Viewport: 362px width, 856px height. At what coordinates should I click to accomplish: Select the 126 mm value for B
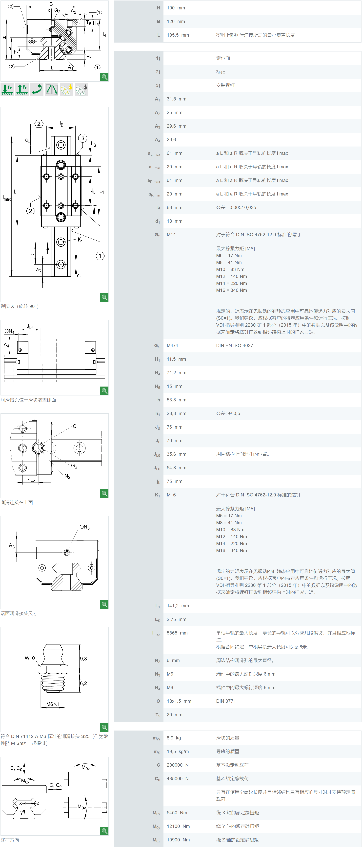[176, 21]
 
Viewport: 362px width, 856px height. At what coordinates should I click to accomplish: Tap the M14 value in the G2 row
[171, 235]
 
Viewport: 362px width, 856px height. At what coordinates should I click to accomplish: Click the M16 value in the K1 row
[171, 495]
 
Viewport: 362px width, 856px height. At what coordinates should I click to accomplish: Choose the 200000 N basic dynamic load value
[178, 765]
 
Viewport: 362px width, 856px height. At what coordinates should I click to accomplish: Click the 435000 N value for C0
[178, 779]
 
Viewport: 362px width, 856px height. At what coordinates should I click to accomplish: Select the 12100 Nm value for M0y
[178, 826]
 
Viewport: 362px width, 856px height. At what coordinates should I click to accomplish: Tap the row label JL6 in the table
[157, 468]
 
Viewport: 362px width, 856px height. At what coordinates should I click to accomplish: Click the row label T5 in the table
[158, 715]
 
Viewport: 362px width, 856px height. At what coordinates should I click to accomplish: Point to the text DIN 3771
[226, 701]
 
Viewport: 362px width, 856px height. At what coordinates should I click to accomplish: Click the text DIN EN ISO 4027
[235, 346]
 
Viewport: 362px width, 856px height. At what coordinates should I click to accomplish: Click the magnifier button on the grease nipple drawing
[104, 727]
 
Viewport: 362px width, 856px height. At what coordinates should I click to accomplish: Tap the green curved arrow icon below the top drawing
[37, 89]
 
